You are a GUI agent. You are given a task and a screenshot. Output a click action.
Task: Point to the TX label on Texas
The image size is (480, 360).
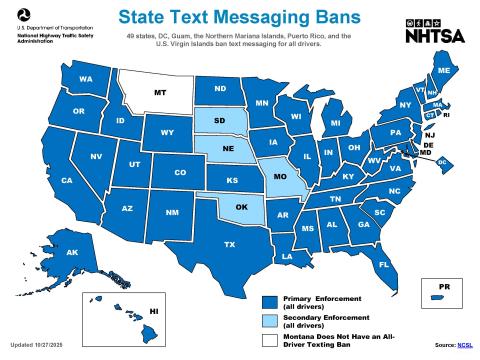[x=229, y=244]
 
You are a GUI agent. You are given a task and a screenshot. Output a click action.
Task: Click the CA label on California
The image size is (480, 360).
[x=67, y=181]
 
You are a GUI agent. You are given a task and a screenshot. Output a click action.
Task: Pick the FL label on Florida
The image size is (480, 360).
[x=383, y=264]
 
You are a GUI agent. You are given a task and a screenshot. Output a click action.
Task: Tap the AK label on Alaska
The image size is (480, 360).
[x=72, y=252]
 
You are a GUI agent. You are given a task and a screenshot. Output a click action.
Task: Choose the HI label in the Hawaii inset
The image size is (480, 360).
[x=155, y=312]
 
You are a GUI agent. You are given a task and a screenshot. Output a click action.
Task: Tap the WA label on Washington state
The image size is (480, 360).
[x=86, y=79]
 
